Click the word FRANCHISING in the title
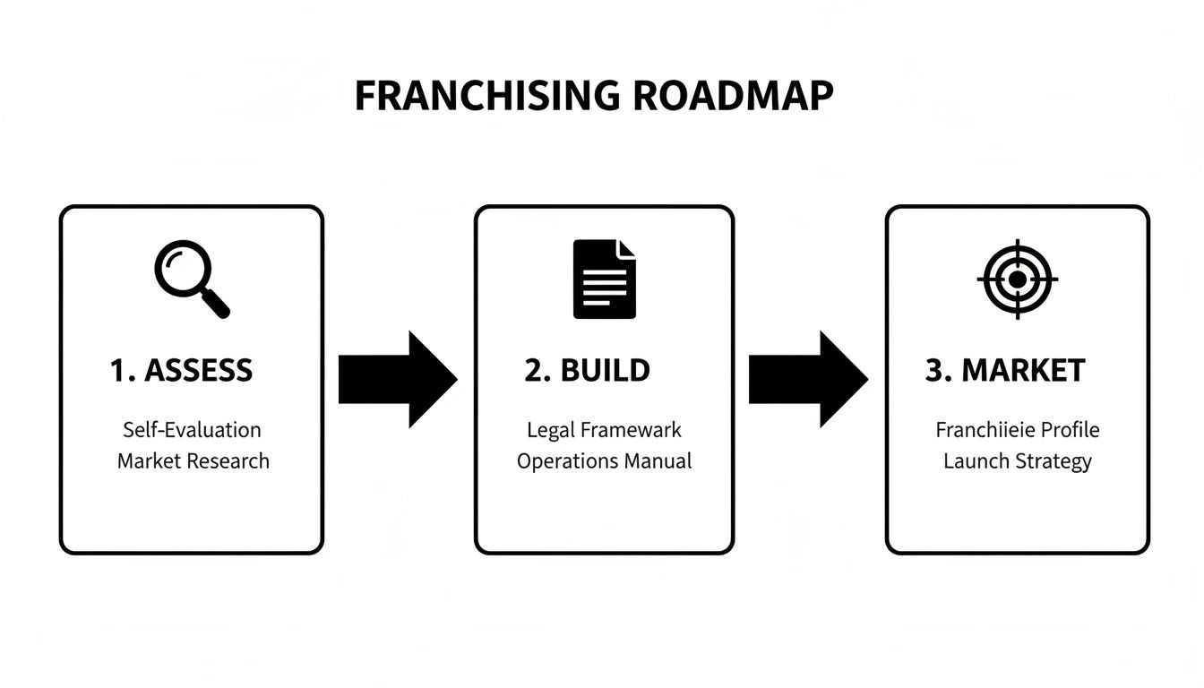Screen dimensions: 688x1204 pyautogui.click(x=486, y=96)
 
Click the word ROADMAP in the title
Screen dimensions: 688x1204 pyautogui.click(x=732, y=96)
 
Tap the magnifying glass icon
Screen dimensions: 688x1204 pyautogui.click(x=191, y=279)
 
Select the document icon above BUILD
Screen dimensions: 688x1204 pyautogui.click(x=604, y=279)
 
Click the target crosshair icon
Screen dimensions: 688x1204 pyautogui.click(x=1017, y=279)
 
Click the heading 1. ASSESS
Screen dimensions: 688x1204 pyautogui.click(x=182, y=370)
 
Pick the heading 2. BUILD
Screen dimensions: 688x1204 pyautogui.click(x=587, y=370)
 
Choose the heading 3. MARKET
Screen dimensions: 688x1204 pyautogui.click(x=1004, y=370)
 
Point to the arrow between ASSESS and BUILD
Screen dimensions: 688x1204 pyautogui.click(x=397, y=379)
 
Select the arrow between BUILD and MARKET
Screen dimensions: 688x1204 pyautogui.click(x=807, y=379)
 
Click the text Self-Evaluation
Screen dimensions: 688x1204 pyautogui.click(x=192, y=429)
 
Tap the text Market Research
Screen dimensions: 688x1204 pyautogui.click(x=193, y=461)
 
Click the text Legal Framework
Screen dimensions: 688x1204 pyautogui.click(x=604, y=429)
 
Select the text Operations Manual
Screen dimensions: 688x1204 pyautogui.click(x=604, y=461)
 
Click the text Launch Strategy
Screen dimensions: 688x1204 pyautogui.click(x=1017, y=461)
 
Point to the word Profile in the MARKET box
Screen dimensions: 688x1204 pyautogui.click(x=1069, y=429)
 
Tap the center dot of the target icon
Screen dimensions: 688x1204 pyautogui.click(x=1017, y=279)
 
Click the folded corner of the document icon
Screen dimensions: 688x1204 pyautogui.click(x=626, y=249)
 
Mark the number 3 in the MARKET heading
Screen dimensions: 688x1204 pyautogui.click(x=933, y=371)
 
